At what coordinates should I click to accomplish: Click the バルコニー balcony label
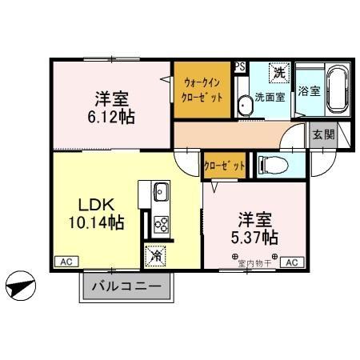click(x=125, y=286)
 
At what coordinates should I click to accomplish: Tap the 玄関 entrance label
click(x=324, y=135)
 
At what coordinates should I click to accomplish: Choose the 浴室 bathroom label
click(x=309, y=91)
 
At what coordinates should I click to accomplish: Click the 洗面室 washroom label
click(x=270, y=98)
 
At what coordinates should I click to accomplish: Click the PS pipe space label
click(x=239, y=68)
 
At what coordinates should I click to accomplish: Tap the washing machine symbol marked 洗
click(x=278, y=73)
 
